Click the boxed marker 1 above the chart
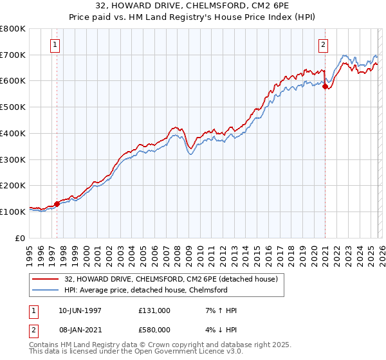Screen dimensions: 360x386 pos(55,45)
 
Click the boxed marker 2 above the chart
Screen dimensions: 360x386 pos(323,45)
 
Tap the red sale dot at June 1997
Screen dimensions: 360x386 pos(57,204)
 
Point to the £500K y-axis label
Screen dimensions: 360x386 pos(13,107)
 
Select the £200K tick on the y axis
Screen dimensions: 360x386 pos(13,186)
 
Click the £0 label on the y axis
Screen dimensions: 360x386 pos(21,238)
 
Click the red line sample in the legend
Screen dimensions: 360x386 pos(46,279)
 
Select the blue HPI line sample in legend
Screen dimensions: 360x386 pos(46,290)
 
